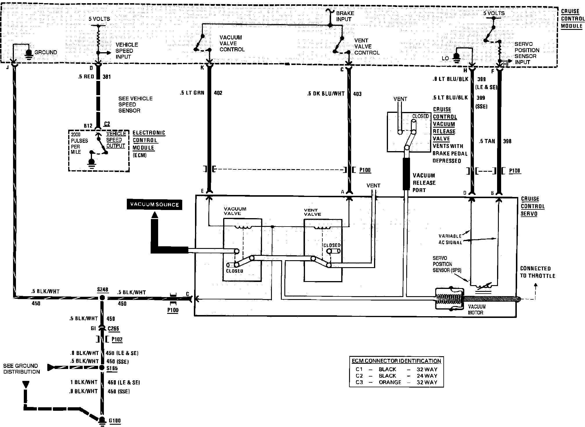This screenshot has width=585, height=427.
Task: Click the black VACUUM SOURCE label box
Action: coord(154,205)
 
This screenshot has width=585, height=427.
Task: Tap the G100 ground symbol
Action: coord(102,420)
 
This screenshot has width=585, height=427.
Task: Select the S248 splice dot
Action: coord(102,298)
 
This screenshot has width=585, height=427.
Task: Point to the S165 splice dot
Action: coord(102,368)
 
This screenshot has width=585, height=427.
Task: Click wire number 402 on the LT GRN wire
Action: coord(218,93)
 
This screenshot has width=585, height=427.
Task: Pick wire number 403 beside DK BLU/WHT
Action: coord(357,94)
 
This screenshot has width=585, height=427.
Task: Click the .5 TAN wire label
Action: coord(487,141)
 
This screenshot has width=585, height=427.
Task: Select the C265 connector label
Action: coord(113,329)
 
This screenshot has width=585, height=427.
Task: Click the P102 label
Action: coord(117,339)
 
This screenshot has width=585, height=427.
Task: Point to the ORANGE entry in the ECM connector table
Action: coord(390,382)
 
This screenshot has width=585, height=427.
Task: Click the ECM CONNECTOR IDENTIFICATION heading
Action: coord(396,361)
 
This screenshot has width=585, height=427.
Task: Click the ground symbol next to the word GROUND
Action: coord(29,53)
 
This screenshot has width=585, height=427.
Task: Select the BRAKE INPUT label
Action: coord(345,16)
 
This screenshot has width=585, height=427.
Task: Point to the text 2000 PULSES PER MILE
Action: coord(79,143)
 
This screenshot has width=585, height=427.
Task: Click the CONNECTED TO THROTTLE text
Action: coord(537,272)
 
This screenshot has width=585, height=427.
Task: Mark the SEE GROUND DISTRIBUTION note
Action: coord(22,369)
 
